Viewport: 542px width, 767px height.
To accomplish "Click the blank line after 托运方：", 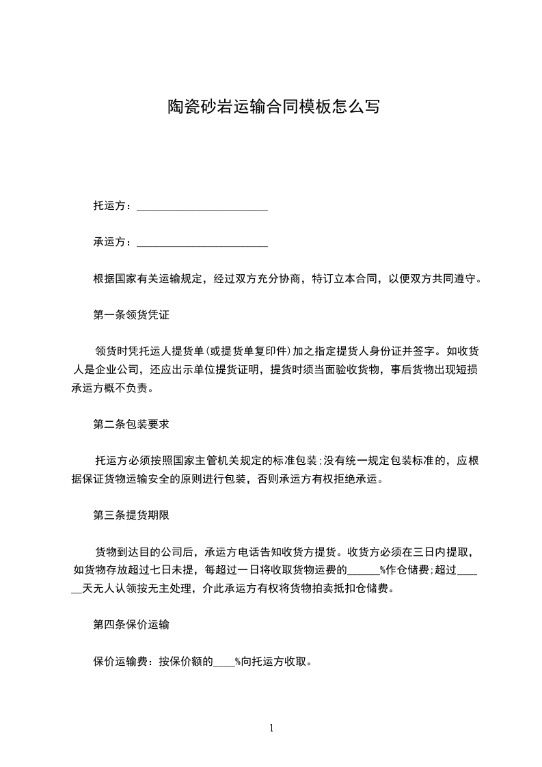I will coord(202,206).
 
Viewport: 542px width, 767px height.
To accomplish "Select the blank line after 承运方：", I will coord(202,242).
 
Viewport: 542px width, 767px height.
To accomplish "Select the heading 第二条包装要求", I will coord(131,424).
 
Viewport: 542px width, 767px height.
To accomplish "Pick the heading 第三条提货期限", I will coord(131,516).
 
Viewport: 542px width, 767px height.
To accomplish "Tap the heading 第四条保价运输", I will coord(131,625).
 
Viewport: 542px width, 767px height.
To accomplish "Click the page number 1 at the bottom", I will coord(271,728).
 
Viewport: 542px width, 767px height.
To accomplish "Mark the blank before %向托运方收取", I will coord(225,662).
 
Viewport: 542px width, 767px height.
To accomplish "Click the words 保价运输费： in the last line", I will coord(126,662).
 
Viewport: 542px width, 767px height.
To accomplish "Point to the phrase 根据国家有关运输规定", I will coord(148,279).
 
